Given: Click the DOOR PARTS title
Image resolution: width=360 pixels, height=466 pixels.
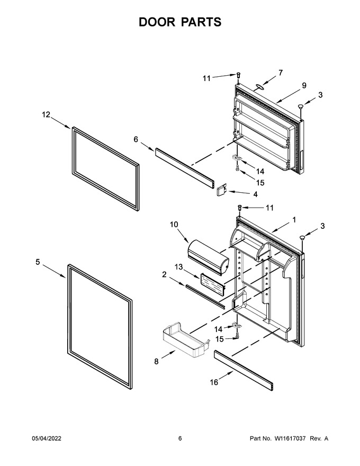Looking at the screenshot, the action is coord(180,22).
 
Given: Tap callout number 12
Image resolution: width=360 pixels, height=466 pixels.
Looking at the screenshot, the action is coord(46,114).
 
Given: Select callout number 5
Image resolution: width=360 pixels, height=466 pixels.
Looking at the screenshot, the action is coord(38,262).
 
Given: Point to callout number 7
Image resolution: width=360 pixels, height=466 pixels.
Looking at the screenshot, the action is coord(281,73).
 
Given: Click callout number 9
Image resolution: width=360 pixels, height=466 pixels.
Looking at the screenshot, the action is coord(304,85).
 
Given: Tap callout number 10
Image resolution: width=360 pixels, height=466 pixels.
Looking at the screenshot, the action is coord(174,225).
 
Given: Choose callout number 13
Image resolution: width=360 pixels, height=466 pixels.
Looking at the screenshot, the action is coord(178,267).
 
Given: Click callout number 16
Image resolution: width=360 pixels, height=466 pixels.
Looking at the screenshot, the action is coord(214,382).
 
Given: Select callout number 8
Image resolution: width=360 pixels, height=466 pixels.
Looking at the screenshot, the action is coord(156,361).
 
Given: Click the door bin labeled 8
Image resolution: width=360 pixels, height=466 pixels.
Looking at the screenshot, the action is coord(186,339).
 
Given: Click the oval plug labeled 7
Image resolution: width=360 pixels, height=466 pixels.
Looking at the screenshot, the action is coord(259,86).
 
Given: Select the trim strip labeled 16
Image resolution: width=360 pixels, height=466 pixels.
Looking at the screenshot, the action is coord(244,370).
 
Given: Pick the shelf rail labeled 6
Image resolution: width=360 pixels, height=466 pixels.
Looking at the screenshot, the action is coord(184,168).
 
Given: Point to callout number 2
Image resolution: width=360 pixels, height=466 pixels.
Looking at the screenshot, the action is coord(164,275).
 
